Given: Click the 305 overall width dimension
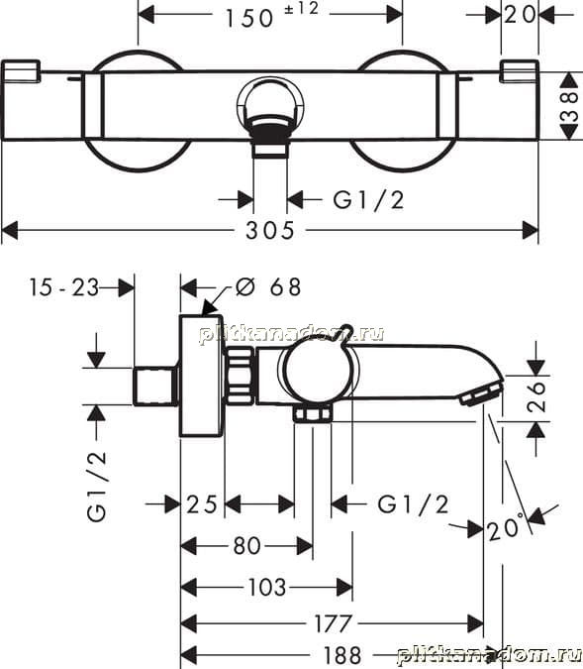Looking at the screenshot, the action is coord(270,231).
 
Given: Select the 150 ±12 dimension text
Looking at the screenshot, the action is coord(271,15).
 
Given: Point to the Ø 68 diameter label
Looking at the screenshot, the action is coord(268,286).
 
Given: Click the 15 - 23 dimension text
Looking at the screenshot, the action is coord(64,287).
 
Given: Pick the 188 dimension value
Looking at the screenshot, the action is coord(341,655).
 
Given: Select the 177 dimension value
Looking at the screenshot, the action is coord(333,623).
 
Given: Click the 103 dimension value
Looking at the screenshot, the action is coord(267,588).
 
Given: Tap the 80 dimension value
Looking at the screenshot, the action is coord(246,546).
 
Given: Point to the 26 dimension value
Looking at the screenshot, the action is coord(536,396).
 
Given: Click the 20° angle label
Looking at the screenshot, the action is coord(506,528).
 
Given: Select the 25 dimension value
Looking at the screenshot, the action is coord(202,504).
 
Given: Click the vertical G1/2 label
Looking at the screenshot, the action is coord(97,487).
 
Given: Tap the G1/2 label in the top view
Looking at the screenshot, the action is coord(368,200).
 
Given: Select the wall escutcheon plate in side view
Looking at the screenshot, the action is coord(202,376).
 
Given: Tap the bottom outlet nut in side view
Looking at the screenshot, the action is coord(313,414).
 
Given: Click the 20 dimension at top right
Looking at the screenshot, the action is coord(520,15).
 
